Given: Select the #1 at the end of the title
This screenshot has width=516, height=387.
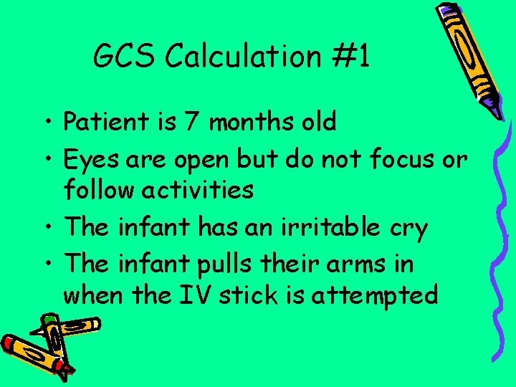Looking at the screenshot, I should [x=353, y=55].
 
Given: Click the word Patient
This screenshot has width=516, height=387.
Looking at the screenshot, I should [x=107, y=122].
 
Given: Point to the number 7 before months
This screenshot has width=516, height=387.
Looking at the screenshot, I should [x=191, y=122].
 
